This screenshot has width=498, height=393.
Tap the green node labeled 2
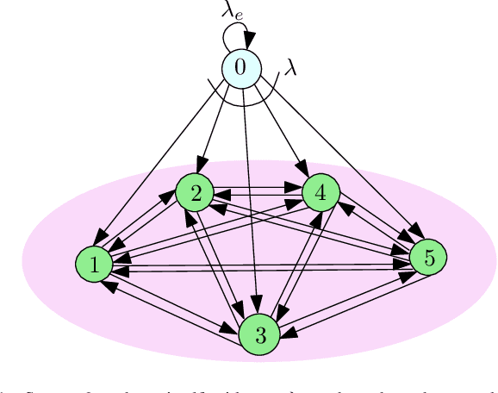tap(196, 193)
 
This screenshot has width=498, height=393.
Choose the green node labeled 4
tap(321, 193)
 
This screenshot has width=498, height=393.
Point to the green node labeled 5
tap(427, 257)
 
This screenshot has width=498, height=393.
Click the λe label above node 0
tap(232, 12)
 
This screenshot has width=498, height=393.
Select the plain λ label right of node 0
tap(290, 68)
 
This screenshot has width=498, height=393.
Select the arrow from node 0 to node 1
tap(164, 159)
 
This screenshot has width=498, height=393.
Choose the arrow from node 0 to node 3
tap(250, 198)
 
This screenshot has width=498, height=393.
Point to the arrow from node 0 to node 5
tap(345, 164)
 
